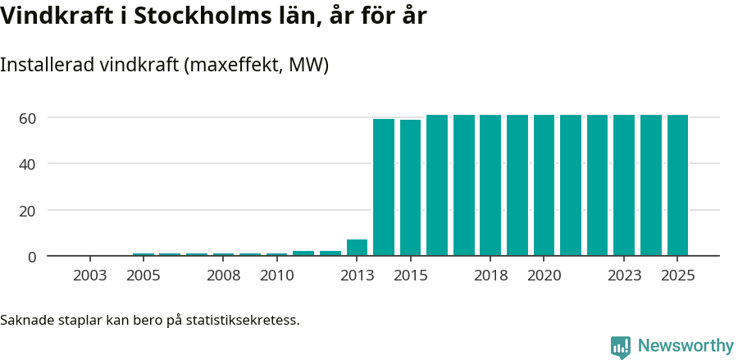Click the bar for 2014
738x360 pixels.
(384, 187)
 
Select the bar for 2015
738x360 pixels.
(411, 188)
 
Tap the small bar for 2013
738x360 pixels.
(357, 247)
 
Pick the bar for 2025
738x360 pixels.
(677, 185)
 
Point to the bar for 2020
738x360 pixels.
(544, 185)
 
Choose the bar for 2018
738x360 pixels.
(490, 185)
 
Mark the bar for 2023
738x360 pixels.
(624, 185)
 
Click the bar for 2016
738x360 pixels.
(437, 185)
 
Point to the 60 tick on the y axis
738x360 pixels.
(28, 118)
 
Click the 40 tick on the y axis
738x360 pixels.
(28, 164)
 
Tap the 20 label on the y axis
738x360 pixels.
(28, 211)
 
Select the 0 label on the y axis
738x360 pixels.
(32, 257)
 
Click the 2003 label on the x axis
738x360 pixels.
(89, 276)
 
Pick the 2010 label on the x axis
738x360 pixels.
(277, 276)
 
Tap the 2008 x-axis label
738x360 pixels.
(223, 276)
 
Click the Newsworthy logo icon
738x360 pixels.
(621, 346)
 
